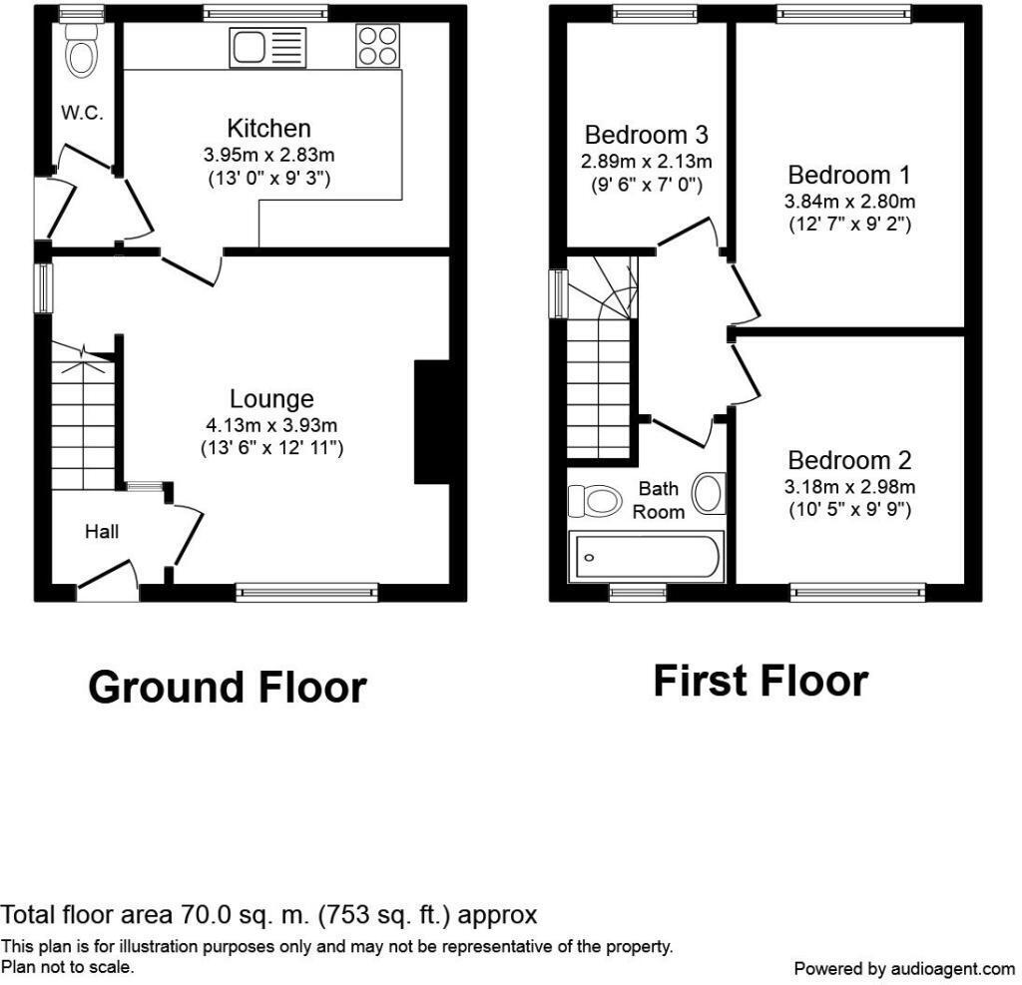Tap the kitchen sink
click(x=268, y=48)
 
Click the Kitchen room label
click(x=268, y=129)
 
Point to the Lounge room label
click(x=271, y=399)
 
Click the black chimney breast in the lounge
click(x=431, y=422)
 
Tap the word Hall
click(x=102, y=532)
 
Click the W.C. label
click(x=82, y=113)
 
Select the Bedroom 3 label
click(x=647, y=135)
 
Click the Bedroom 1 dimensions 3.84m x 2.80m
click(x=849, y=202)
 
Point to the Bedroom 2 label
click(x=849, y=461)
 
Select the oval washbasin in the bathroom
click(x=709, y=492)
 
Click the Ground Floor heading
click(x=228, y=688)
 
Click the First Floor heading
click(x=761, y=682)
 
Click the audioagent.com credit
click(x=903, y=968)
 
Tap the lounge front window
click(x=308, y=593)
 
